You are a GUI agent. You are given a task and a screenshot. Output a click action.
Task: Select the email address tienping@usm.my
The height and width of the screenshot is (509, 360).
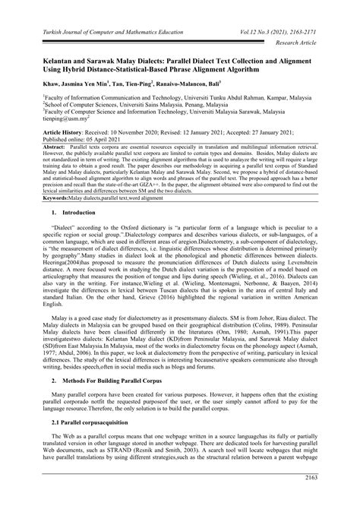click(x=46, y=118)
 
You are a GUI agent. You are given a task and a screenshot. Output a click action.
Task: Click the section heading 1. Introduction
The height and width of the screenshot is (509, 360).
click(x=61, y=215)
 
